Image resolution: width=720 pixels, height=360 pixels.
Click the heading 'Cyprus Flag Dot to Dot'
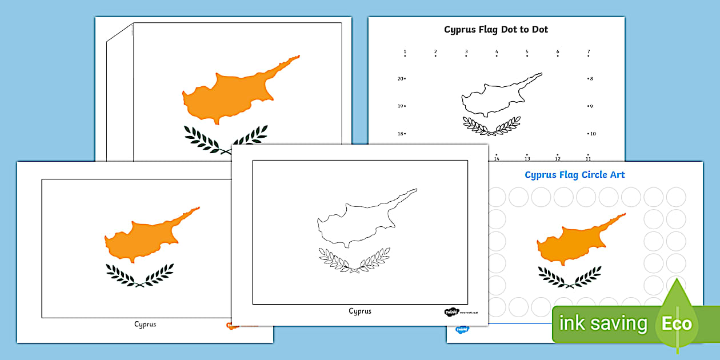[496, 30]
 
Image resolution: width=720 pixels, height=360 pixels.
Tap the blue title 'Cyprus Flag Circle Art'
[574, 175]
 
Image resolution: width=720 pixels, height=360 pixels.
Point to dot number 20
[405, 79]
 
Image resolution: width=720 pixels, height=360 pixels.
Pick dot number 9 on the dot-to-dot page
[587, 106]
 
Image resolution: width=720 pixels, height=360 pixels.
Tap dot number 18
[405, 134]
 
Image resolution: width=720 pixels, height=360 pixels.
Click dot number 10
[587, 134]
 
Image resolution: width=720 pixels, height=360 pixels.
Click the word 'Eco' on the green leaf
[677, 324]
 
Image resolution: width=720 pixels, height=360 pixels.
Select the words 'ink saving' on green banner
[603, 324]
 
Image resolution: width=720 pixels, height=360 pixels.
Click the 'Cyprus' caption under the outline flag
[360, 311]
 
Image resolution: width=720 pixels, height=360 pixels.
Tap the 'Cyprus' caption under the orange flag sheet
[145, 325]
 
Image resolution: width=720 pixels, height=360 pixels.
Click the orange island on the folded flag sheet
[234, 91]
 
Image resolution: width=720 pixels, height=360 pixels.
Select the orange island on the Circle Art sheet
[571, 240]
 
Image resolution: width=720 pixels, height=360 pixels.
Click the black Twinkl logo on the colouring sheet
[451, 313]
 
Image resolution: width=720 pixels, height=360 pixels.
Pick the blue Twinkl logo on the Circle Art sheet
[461, 330]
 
